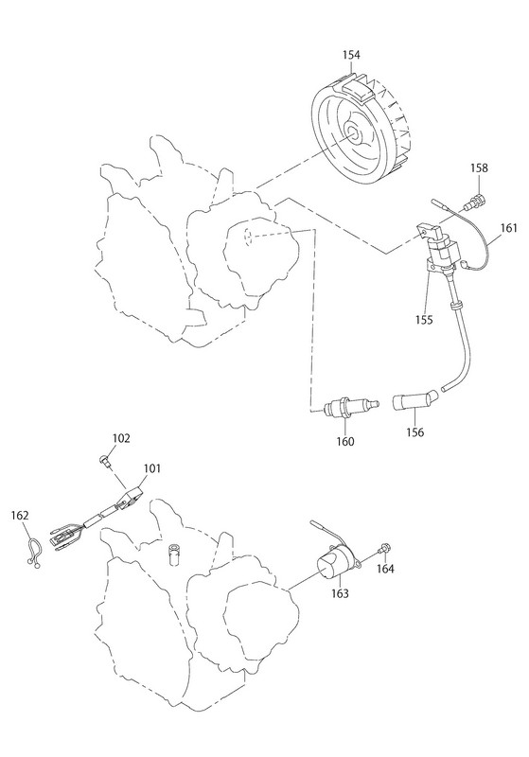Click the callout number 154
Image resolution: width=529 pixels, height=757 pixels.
[351, 55]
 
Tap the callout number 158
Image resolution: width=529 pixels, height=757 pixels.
[479, 168]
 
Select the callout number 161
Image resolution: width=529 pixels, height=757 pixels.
[508, 227]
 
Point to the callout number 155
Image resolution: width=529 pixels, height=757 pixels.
[424, 320]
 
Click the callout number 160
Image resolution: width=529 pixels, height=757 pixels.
[345, 441]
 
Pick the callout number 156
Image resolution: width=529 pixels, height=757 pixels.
[414, 432]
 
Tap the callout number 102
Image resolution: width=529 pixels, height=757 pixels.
[121, 438]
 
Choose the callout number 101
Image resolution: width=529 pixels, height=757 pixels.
[151, 468]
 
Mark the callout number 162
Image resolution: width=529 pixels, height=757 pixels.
[20, 516]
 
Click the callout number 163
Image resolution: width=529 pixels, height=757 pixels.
[340, 593]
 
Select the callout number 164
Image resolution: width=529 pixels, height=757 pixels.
[385, 569]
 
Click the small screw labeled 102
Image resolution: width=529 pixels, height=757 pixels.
[104, 461]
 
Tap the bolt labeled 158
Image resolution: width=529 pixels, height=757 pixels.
[475, 201]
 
